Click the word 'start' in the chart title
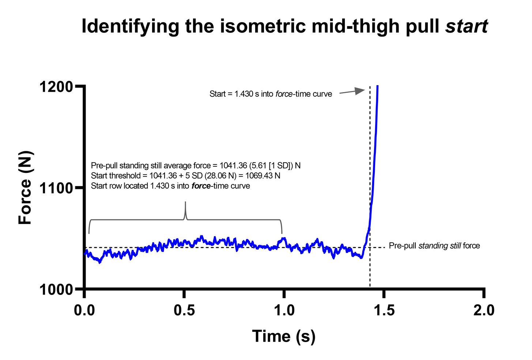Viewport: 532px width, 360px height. point(466,26)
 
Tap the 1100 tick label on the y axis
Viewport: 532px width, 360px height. point(56,188)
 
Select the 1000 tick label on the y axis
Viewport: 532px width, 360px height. point(56,289)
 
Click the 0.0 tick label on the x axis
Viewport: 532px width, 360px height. point(84,310)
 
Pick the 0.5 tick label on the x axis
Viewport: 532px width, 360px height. point(184,310)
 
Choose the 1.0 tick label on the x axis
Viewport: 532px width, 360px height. point(284,310)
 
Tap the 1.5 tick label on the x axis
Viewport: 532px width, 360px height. point(384,310)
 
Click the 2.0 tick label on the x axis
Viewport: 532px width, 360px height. point(484,310)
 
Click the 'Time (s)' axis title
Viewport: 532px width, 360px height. point(284,336)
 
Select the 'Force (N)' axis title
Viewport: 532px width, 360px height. point(26,187)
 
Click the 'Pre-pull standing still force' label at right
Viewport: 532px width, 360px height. point(434,246)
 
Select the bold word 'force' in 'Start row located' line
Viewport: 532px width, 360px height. point(201,186)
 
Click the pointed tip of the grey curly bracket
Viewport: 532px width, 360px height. point(185,202)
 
